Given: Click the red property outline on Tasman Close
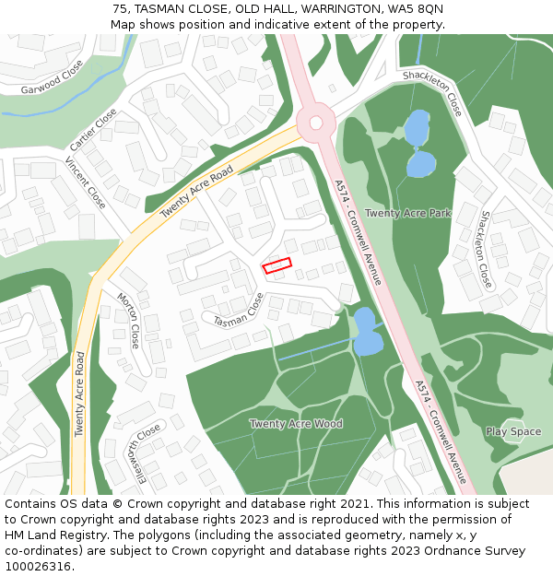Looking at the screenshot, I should (x=277, y=265).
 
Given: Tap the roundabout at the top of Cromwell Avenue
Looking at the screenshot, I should (x=315, y=122).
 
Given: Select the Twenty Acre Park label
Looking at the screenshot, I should (x=407, y=213).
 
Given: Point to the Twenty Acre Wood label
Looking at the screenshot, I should (x=296, y=424).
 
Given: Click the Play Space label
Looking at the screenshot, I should (x=513, y=431).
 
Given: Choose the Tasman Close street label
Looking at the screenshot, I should (x=239, y=311).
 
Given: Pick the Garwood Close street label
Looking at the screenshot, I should (x=52, y=77).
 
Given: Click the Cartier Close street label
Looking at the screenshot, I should (x=93, y=130).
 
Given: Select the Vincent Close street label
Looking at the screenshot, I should (x=85, y=182).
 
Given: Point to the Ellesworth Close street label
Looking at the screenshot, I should (x=137, y=453).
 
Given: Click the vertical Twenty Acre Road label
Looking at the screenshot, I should (x=80, y=394).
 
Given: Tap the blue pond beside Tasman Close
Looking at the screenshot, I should (x=367, y=333).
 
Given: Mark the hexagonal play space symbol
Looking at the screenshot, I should (x=513, y=431).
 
